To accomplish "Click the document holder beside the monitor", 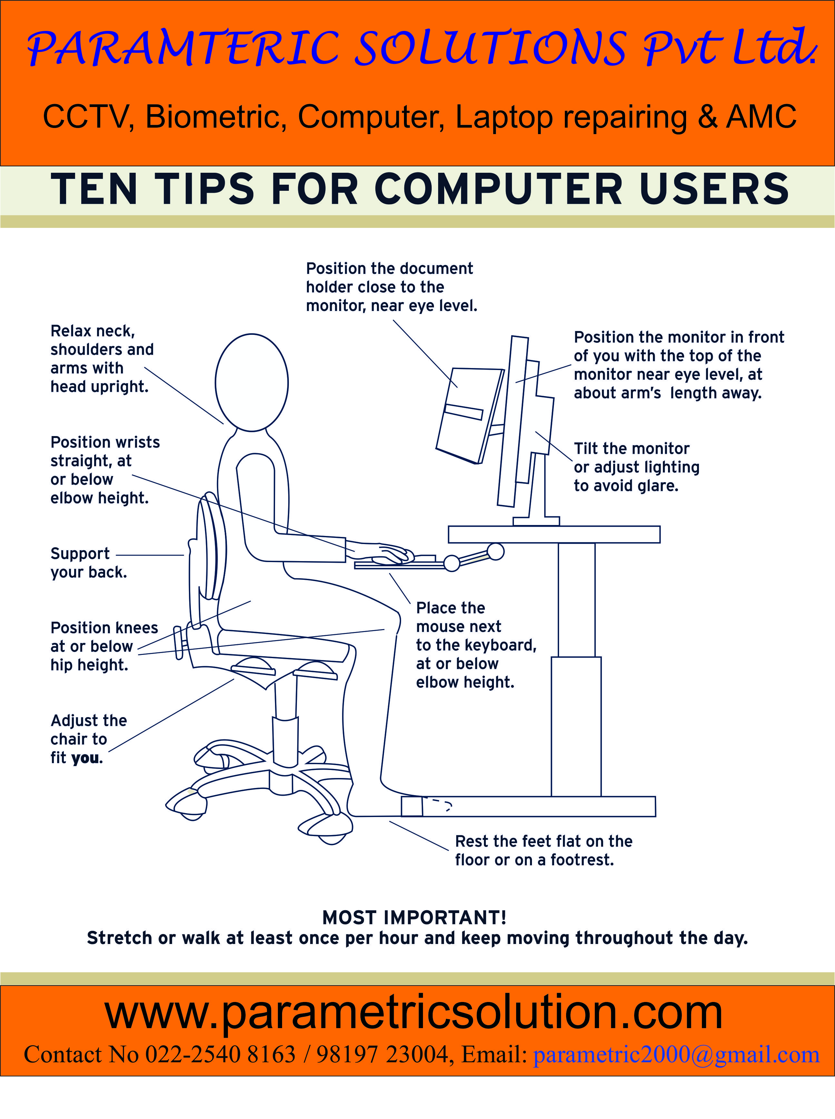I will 467,414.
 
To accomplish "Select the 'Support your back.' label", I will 88,563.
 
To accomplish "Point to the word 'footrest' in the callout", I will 581,860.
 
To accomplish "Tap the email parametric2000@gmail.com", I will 676,1054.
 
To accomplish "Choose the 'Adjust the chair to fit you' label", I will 88,739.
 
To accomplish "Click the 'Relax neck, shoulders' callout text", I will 101,359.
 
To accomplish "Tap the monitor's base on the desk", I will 536,521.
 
